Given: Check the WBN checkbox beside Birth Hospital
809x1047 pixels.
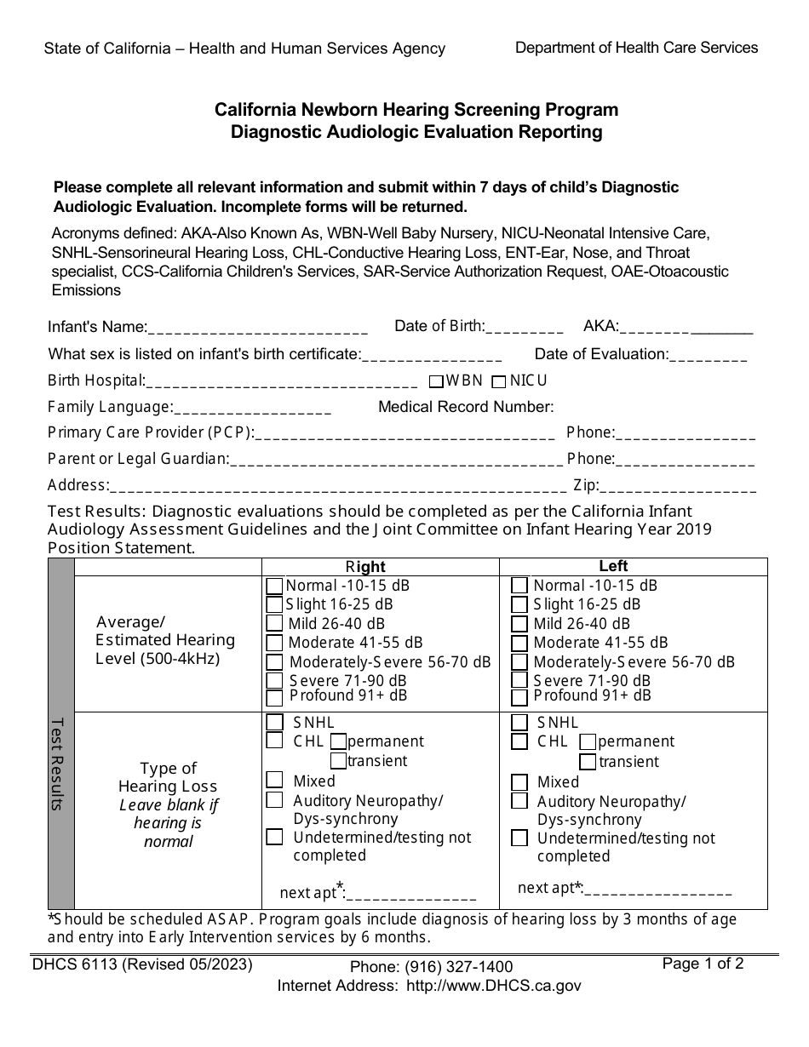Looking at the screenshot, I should click(435, 381).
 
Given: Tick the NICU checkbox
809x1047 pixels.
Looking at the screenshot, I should click(499, 381).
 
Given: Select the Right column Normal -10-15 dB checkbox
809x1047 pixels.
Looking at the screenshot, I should click(274, 586).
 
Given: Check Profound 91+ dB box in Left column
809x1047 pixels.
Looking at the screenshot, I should click(519, 698).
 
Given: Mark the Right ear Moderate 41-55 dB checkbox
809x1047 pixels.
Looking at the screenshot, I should click(274, 643).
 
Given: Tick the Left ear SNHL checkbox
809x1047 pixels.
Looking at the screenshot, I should click(519, 723).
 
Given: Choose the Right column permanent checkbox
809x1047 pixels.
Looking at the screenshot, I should click(338, 741).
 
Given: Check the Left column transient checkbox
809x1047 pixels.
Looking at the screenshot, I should click(588, 762).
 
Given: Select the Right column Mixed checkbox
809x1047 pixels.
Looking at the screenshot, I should click(274, 780).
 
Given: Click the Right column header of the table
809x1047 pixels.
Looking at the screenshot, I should click(364, 567).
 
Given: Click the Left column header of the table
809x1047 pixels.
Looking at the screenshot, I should click(613, 566).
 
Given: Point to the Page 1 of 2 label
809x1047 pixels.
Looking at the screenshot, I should click(703, 964).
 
